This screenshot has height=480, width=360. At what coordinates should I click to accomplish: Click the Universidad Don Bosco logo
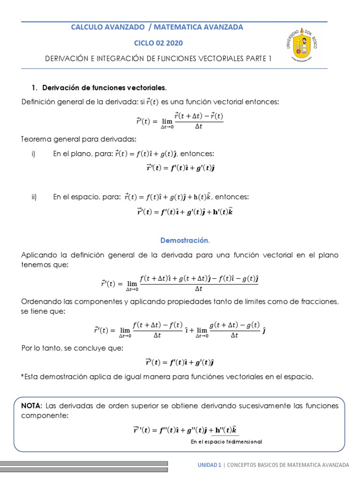301,44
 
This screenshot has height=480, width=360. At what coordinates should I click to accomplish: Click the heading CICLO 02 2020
158,43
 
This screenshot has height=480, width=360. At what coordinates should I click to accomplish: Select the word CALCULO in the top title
86,27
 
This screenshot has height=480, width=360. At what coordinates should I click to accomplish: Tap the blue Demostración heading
185,240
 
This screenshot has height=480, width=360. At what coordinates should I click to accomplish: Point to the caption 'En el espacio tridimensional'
226,442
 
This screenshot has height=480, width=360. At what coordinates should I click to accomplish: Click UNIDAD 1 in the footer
209,465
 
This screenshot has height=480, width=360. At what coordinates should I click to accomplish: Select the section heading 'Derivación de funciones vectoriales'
104,88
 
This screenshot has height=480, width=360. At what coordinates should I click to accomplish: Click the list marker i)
34,154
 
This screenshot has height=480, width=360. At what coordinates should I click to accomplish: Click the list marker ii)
34,197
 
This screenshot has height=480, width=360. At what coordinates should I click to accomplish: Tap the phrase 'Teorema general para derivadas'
79,139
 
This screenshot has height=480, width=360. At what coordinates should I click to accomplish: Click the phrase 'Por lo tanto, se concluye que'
72,348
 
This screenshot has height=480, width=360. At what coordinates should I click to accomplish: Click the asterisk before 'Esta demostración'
23,376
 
